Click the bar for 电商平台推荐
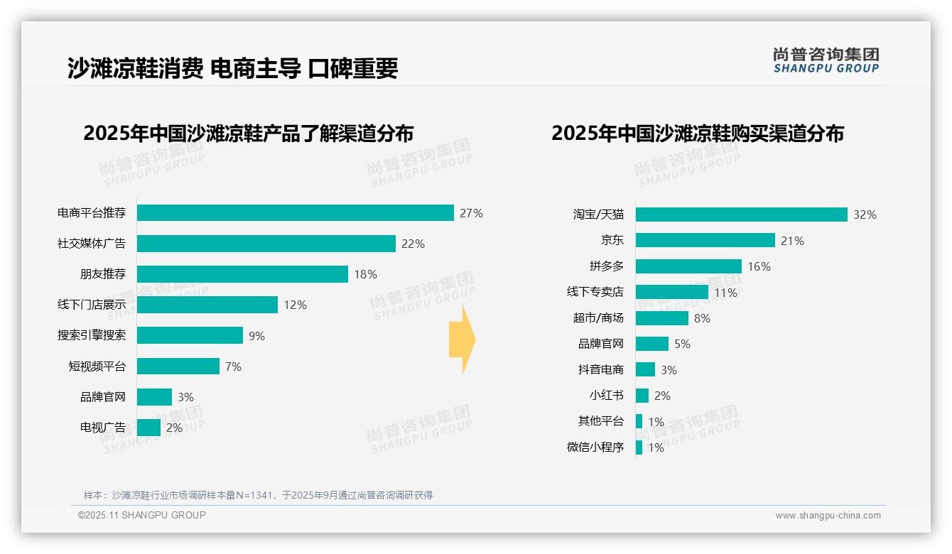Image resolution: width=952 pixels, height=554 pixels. point(295,213)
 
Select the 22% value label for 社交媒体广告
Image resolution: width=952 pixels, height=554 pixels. point(413,244)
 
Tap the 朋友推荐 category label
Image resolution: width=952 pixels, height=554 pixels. point(102,274)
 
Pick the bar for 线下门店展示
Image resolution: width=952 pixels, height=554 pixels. point(207,305)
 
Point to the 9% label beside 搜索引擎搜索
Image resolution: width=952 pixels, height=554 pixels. point(256,336)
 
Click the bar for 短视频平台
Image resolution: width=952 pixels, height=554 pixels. point(178,366)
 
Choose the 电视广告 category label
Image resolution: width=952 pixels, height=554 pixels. point(102,428)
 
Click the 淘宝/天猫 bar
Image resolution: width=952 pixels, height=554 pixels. point(741,214)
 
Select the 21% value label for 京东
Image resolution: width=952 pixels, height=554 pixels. point(792,241)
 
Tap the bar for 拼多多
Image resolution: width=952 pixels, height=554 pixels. point(688,266)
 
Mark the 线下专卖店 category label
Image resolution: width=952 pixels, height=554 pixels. point(595,292)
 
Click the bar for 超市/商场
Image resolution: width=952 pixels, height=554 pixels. point(661,318)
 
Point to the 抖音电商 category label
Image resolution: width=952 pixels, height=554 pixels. point(600,369)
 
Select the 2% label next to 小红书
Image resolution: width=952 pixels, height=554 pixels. point(662,396)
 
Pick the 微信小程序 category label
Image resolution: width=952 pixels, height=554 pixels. point(595,447)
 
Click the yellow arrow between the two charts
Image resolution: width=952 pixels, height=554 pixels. point(462,340)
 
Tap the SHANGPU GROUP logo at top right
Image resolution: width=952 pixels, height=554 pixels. point(826,60)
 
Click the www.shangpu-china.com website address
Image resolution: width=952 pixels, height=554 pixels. point(828,516)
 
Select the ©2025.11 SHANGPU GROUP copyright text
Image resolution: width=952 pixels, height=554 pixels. point(142,515)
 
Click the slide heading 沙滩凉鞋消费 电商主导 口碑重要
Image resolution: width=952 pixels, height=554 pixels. point(232,68)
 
